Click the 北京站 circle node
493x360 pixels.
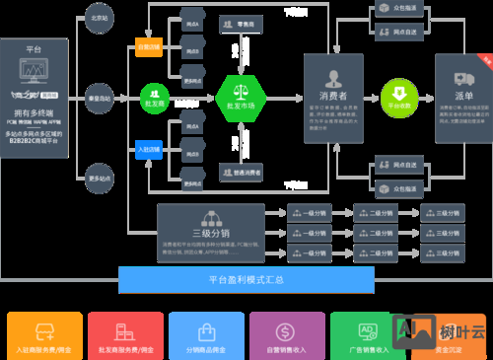[99, 19]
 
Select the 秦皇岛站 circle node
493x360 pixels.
[99, 98]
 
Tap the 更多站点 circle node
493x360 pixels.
[99, 177]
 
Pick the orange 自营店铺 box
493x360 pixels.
[149, 46]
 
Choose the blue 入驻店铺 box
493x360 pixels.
[149, 149]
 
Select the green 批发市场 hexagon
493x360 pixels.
[240, 97]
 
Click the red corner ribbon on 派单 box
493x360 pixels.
[485, 59]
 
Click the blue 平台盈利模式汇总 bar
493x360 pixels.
[246, 280]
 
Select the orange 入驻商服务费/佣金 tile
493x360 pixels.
[43, 335]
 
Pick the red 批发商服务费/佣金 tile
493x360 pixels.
[125, 335]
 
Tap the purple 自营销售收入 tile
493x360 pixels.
[287, 335]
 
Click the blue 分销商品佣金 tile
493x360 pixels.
[206, 335]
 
